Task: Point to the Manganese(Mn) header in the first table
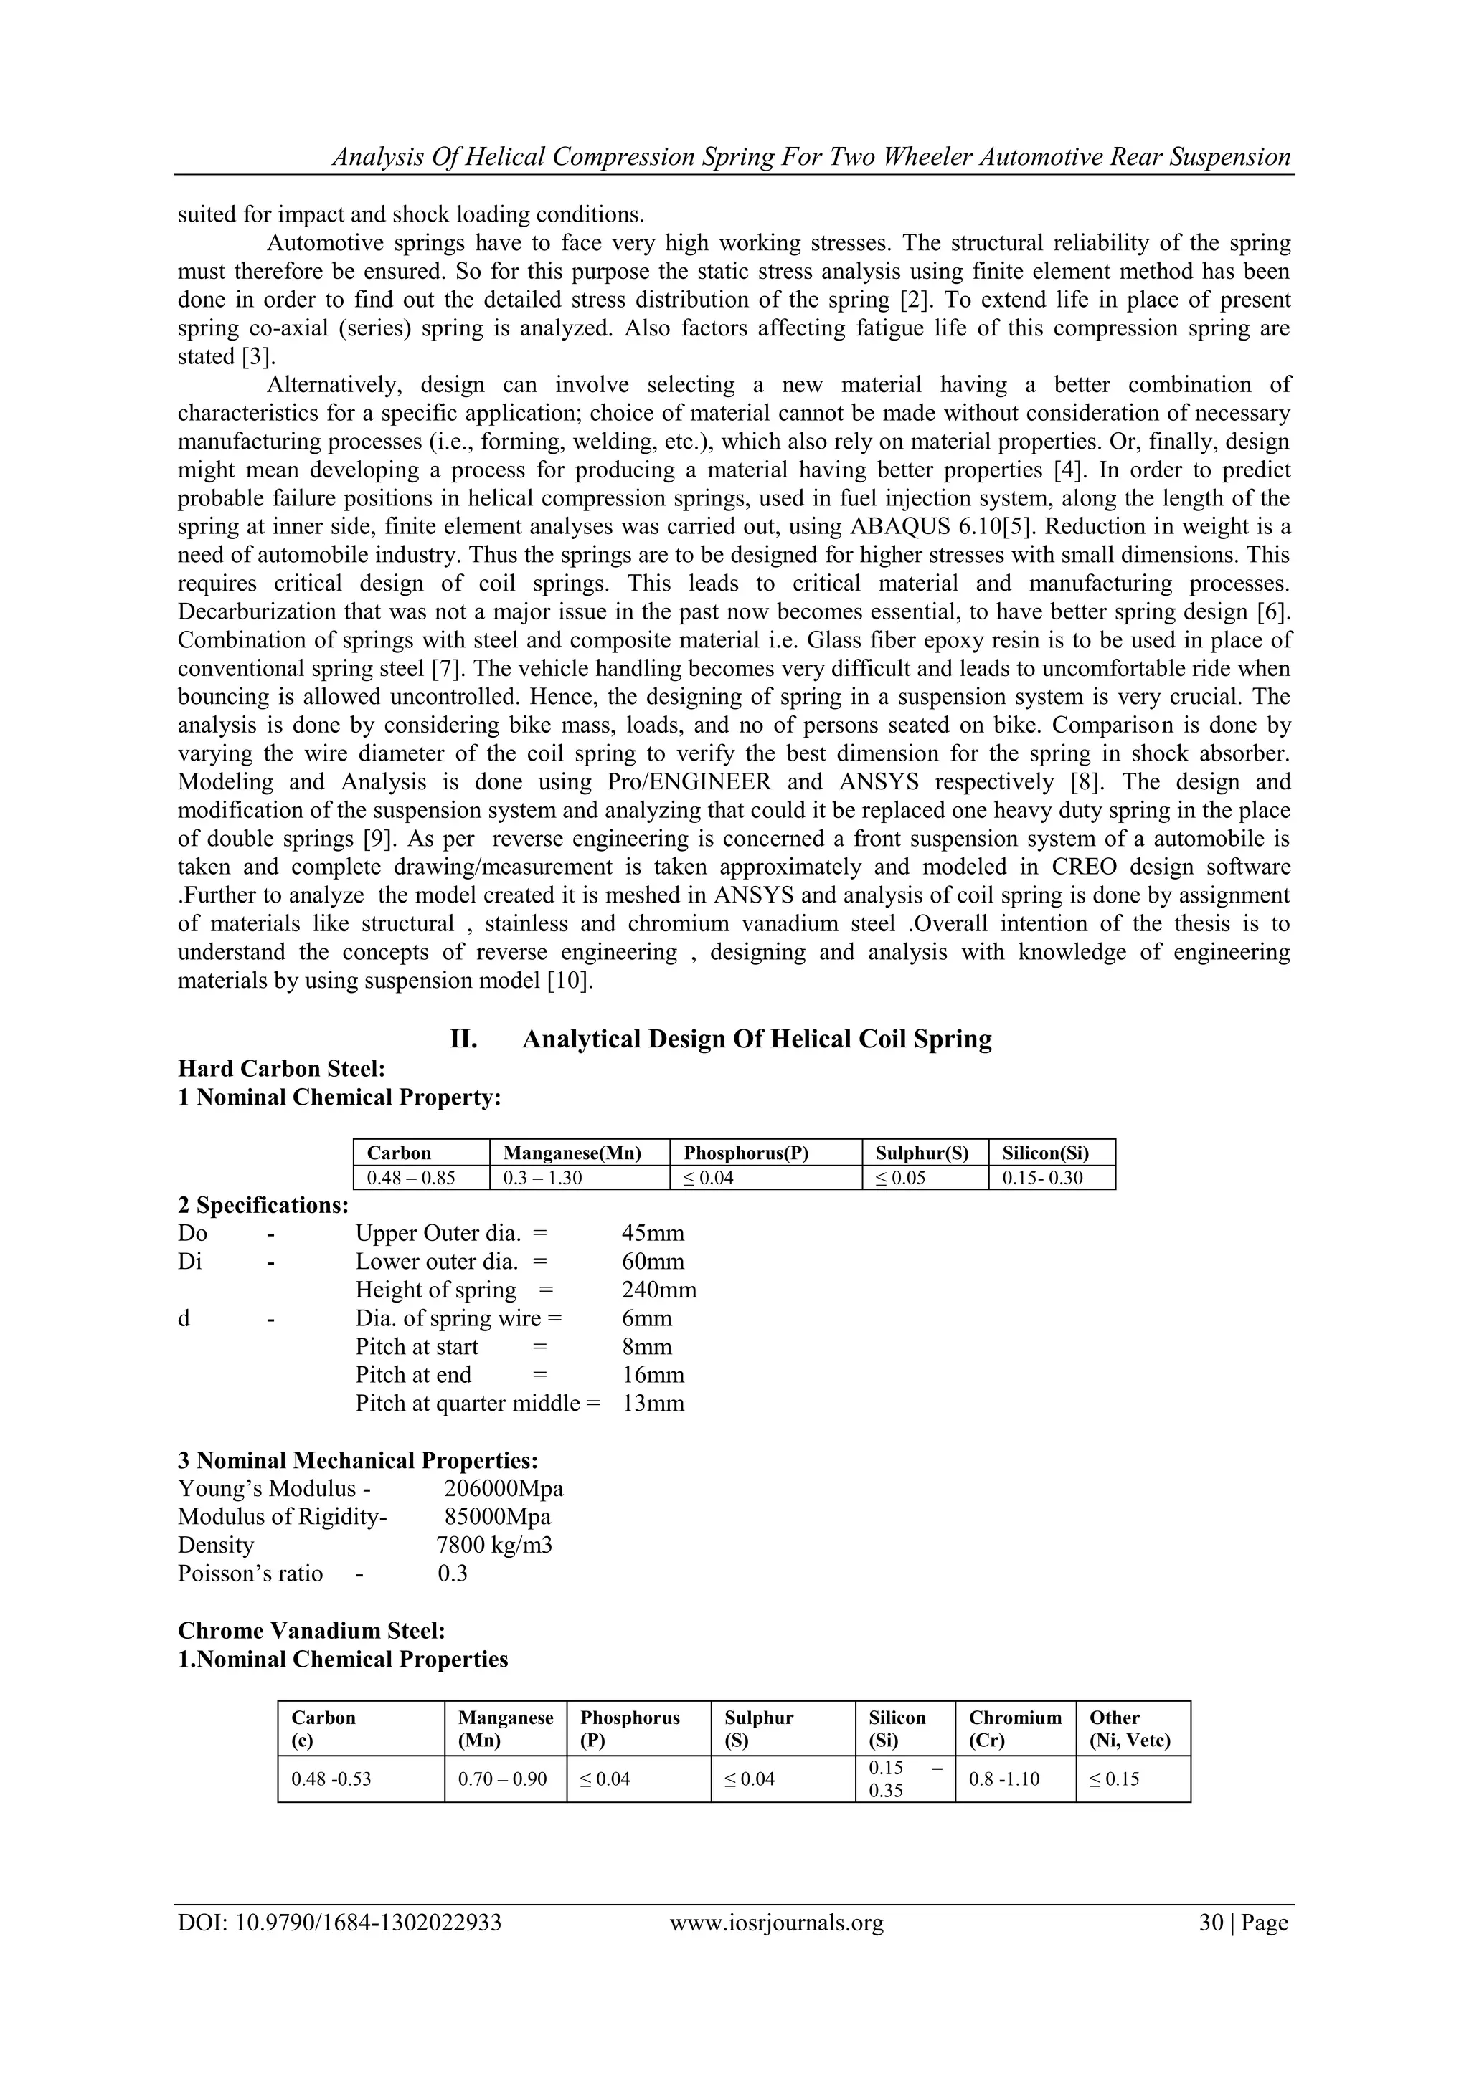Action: pyautogui.click(x=572, y=1153)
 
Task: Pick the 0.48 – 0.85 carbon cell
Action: pyautogui.click(x=411, y=1177)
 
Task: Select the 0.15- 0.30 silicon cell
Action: pyautogui.click(x=1042, y=1177)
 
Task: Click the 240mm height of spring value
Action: pyautogui.click(x=658, y=1290)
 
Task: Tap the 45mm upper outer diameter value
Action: pyautogui.click(x=652, y=1233)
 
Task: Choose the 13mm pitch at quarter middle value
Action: pyautogui.click(x=652, y=1404)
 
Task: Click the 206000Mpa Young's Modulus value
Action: pyautogui.click(x=504, y=1488)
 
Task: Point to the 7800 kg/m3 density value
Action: pyautogui.click(x=495, y=1546)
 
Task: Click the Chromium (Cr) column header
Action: pyautogui.click(x=1015, y=1729)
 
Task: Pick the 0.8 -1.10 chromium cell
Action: pyautogui.click(x=1004, y=1779)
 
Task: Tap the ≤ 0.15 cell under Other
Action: pyautogui.click(x=1115, y=1779)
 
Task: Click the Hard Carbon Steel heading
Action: pyautogui.click(x=281, y=1068)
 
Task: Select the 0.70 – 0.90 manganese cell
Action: pyautogui.click(x=502, y=1779)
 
